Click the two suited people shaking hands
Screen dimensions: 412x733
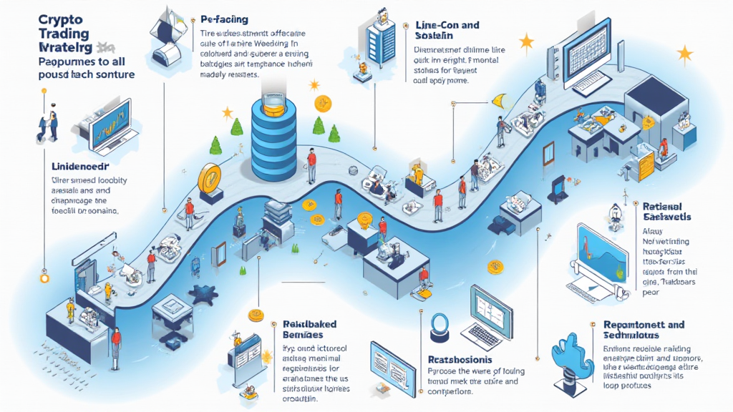(47, 124)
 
